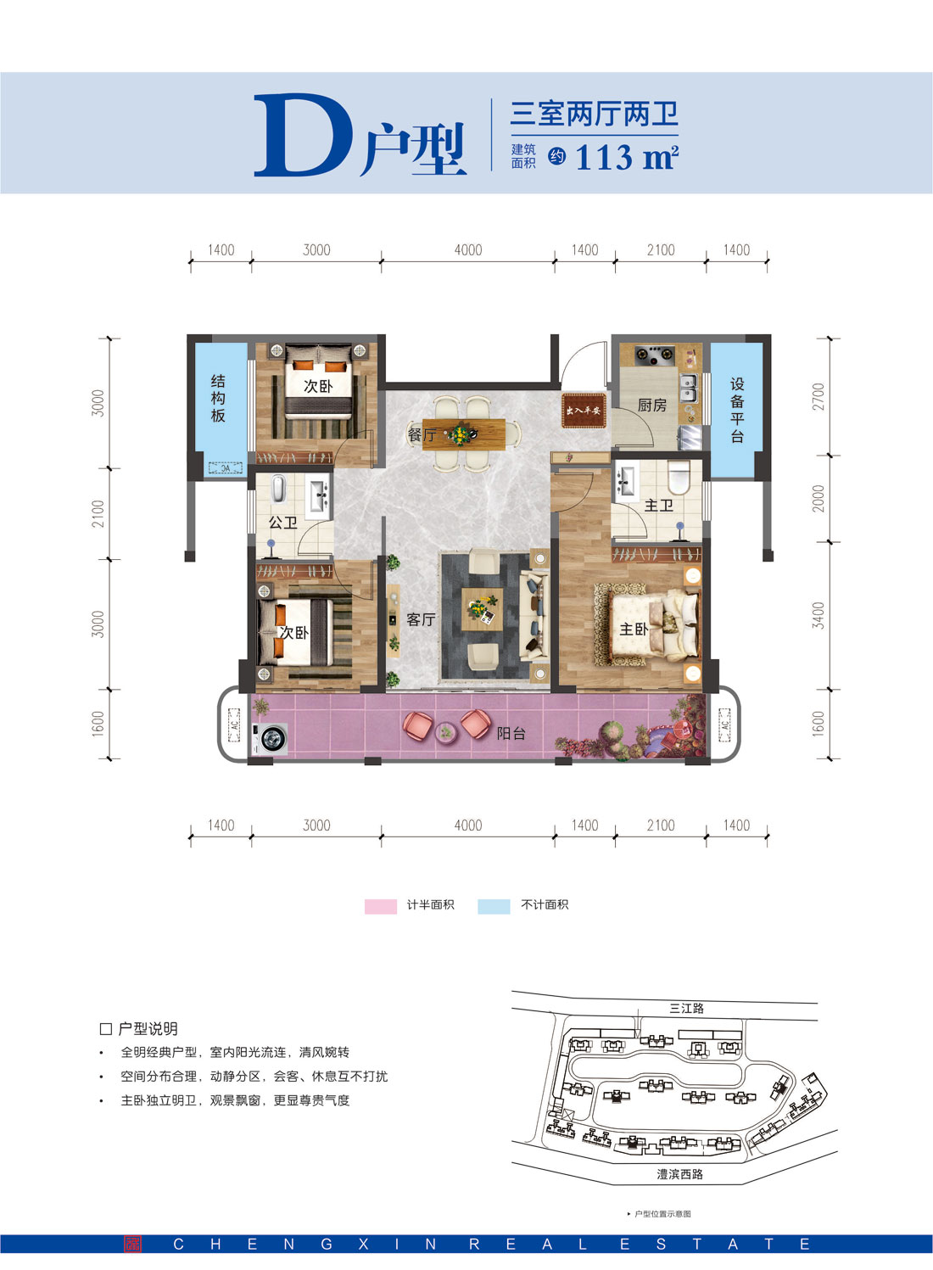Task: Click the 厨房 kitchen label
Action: pos(651,406)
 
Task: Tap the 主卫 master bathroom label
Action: pos(658,506)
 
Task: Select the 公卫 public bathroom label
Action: pos(282,523)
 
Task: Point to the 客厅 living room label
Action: pos(421,619)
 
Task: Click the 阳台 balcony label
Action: pos(511,733)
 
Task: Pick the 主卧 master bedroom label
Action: pos(633,629)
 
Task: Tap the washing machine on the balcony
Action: pos(272,739)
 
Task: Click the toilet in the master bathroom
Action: pos(679,478)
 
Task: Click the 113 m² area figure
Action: pos(626,158)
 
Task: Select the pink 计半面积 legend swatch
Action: pos(381,906)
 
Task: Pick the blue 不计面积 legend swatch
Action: pos(494,906)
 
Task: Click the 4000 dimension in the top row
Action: pos(468,250)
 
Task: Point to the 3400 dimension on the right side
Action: pos(818,615)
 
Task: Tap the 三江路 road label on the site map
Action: pos(686,1008)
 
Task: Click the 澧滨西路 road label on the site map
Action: pos(679,1174)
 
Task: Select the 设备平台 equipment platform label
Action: pos(736,410)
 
